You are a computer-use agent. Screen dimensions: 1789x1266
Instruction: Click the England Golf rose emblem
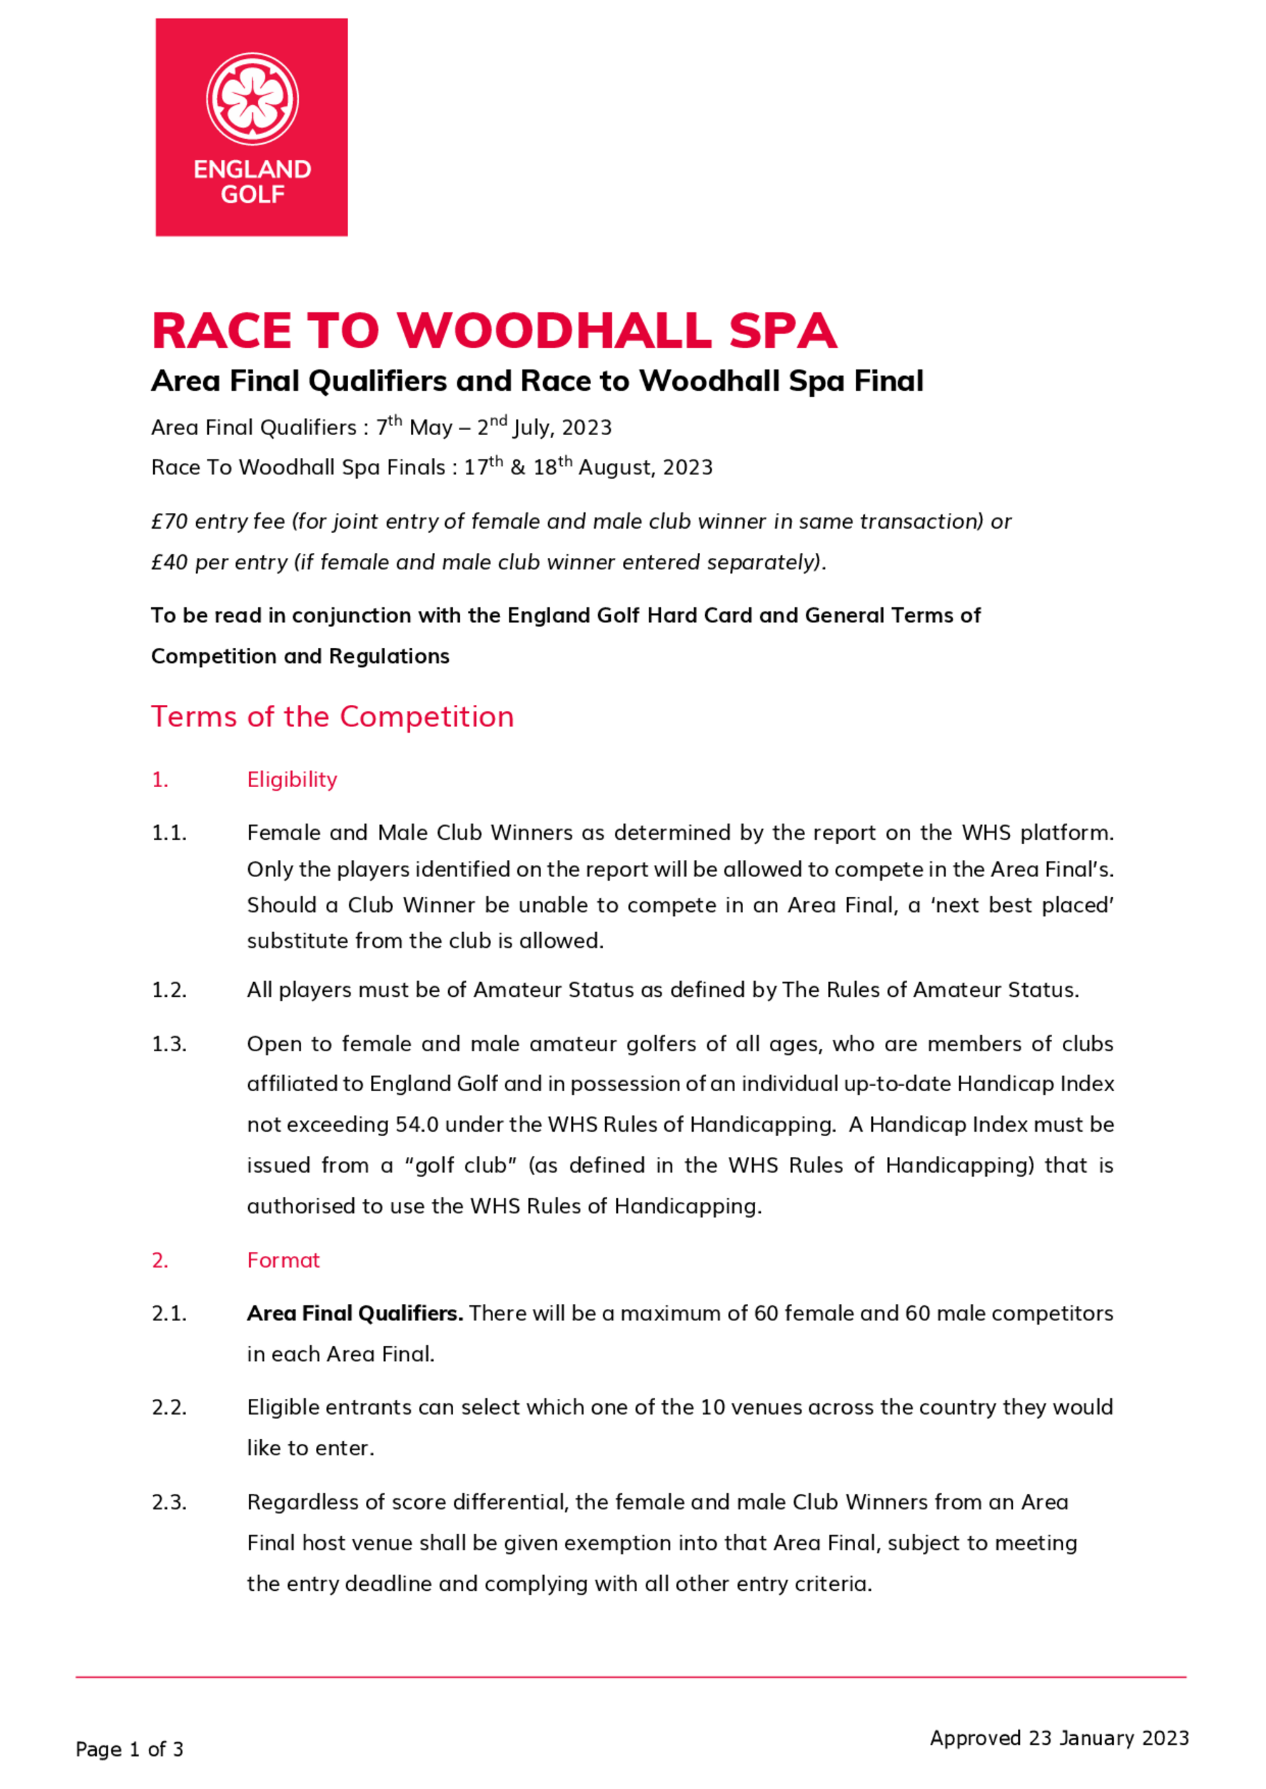point(252,99)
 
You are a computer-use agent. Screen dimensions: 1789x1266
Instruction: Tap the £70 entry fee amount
point(169,521)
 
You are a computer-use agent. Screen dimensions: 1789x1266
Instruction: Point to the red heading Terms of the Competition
point(332,717)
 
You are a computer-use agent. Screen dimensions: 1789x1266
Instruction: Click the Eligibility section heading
point(292,779)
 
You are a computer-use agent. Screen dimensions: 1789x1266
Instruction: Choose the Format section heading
point(283,1260)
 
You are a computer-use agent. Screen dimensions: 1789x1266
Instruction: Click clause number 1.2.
point(169,990)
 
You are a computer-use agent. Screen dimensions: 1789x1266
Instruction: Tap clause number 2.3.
point(169,1502)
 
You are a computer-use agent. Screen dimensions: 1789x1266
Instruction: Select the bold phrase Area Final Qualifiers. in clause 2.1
point(354,1313)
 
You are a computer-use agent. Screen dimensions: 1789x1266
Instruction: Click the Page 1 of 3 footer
point(129,1749)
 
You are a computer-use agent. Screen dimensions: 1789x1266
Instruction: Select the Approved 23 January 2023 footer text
point(1058,1738)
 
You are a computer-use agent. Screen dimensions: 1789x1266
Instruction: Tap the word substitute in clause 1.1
point(298,940)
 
